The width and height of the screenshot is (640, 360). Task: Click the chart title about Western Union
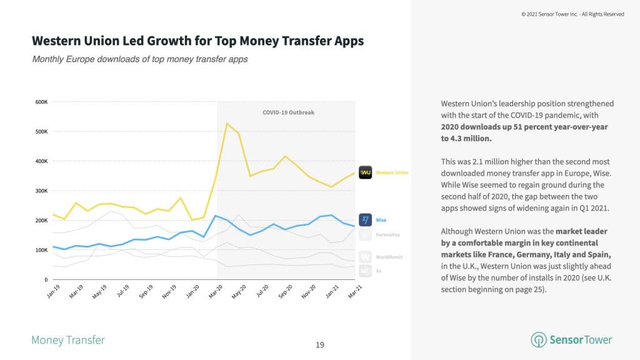(x=197, y=42)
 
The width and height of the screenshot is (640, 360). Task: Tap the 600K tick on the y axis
(x=41, y=102)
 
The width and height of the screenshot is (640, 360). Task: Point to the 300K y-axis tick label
(x=41, y=191)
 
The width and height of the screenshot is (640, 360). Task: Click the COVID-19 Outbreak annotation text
(x=288, y=112)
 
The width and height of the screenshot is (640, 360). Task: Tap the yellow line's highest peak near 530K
(x=227, y=123)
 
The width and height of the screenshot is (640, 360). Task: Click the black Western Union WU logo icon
(x=365, y=172)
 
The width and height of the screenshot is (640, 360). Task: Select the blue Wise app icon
(x=365, y=220)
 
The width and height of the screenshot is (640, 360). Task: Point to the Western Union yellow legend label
(x=392, y=172)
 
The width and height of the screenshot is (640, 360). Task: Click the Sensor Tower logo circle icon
(x=537, y=340)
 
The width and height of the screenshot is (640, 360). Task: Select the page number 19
(x=320, y=344)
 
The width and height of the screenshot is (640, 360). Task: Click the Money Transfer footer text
(x=68, y=341)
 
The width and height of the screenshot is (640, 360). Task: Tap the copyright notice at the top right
(x=572, y=14)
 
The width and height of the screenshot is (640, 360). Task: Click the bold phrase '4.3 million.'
(x=470, y=138)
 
